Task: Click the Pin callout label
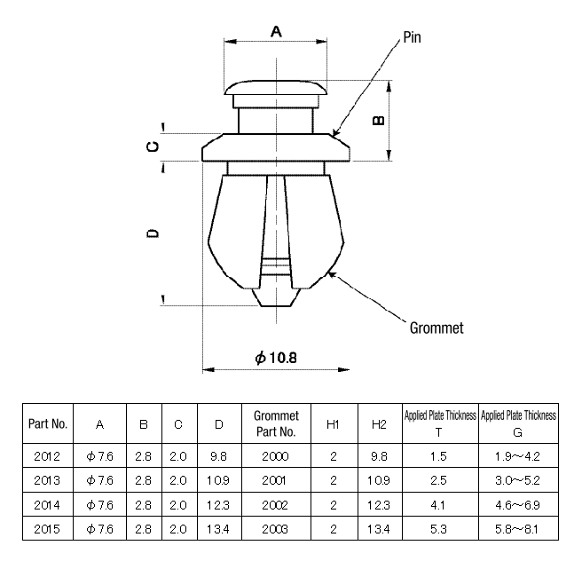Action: tap(412, 37)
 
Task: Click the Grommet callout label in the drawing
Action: tap(436, 328)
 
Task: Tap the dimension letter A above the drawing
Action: tap(276, 32)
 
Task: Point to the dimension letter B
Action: tap(379, 121)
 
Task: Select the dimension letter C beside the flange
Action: tap(153, 146)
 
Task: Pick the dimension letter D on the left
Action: tap(153, 233)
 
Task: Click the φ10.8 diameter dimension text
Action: tap(276, 358)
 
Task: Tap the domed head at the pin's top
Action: tap(275, 87)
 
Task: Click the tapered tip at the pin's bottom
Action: tap(276, 297)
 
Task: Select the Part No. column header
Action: tap(48, 423)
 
